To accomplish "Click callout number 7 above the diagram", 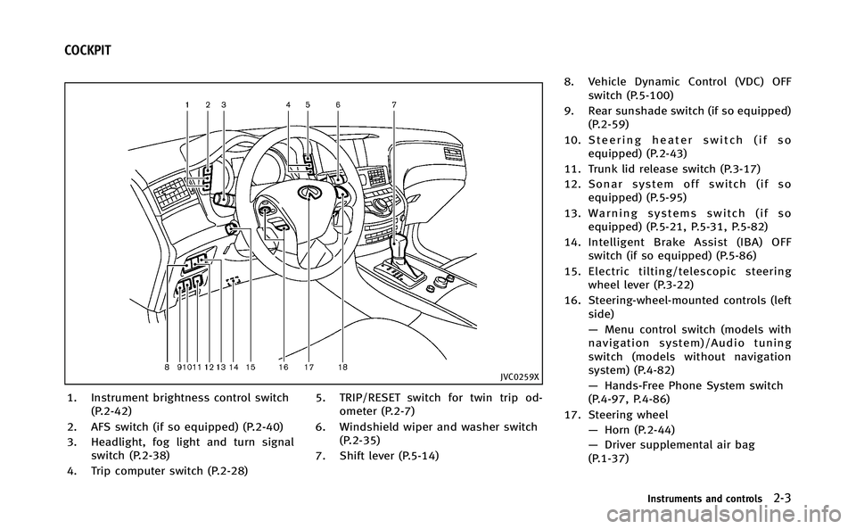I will pos(394,104).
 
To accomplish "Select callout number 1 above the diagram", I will pos(187,104).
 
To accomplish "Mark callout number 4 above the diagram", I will pos(288,104).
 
